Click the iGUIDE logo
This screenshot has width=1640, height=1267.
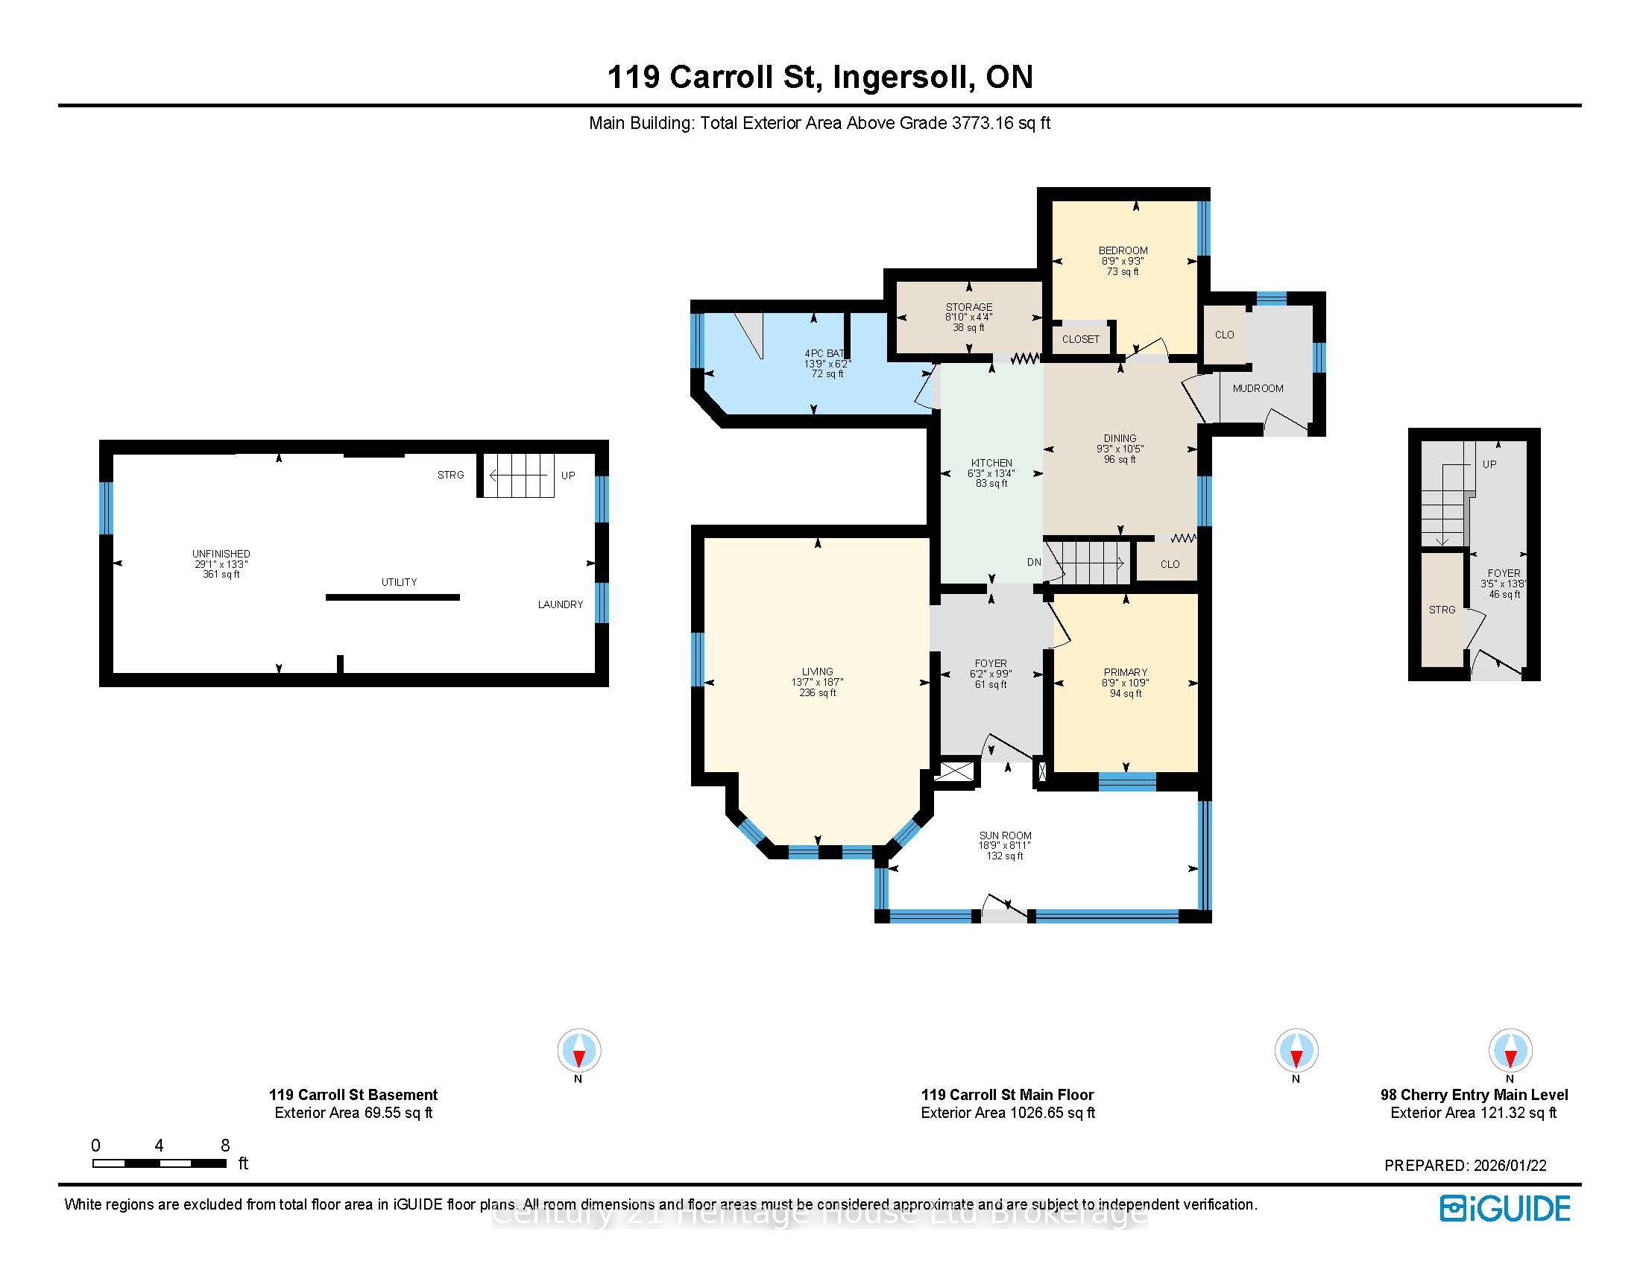point(1505,1208)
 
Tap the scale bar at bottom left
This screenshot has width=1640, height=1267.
point(160,1163)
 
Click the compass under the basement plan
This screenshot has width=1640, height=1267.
point(578,1050)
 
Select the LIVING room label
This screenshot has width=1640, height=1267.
point(817,672)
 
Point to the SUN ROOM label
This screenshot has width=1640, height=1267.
point(1005,835)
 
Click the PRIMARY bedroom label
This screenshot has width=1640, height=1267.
point(1125,672)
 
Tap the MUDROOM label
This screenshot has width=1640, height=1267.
point(1258,388)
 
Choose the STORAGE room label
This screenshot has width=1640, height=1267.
point(968,307)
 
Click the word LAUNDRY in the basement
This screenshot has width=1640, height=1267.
point(560,604)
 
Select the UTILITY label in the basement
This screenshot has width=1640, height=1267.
point(399,582)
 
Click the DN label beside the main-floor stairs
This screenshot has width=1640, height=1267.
point(1034,562)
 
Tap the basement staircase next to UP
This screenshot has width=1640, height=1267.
point(518,475)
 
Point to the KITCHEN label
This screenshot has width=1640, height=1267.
point(991,463)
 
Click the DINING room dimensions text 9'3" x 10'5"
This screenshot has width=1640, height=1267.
point(1120,449)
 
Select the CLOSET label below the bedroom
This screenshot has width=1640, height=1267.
point(1081,339)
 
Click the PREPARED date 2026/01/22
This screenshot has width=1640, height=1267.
point(1510,1166)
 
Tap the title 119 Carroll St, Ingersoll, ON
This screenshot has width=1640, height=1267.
point(820,78)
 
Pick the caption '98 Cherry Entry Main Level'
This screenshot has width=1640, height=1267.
point(1474,1095)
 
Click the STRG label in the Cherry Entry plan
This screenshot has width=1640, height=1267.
point(1442,610)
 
